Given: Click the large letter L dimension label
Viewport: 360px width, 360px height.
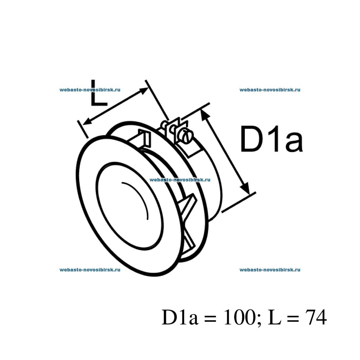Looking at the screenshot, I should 98,94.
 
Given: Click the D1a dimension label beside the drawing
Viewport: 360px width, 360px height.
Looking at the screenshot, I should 271,139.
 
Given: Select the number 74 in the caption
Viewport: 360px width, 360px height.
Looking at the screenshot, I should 316,317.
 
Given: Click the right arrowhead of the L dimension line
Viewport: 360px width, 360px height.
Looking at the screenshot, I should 144,91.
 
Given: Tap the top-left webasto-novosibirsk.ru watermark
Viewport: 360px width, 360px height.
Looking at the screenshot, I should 90,89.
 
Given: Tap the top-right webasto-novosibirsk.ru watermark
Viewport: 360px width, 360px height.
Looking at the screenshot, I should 270,89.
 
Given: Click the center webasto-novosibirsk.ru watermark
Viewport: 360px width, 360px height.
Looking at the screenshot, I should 180,179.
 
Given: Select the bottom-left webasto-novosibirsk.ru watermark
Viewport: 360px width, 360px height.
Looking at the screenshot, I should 90,270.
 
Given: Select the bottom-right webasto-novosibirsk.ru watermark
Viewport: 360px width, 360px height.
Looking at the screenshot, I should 270,270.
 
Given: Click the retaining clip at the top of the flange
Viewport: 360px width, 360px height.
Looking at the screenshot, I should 144,138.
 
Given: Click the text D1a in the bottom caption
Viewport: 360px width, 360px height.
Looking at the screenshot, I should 180,317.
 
